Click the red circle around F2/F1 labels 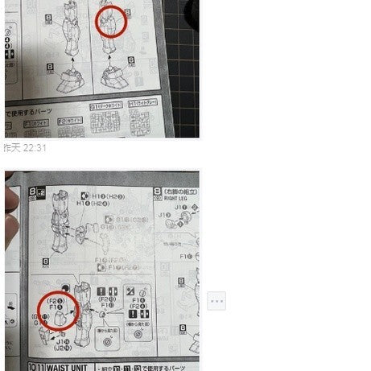(59, 310)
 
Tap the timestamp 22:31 (35, 147)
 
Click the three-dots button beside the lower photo (216, 301)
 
